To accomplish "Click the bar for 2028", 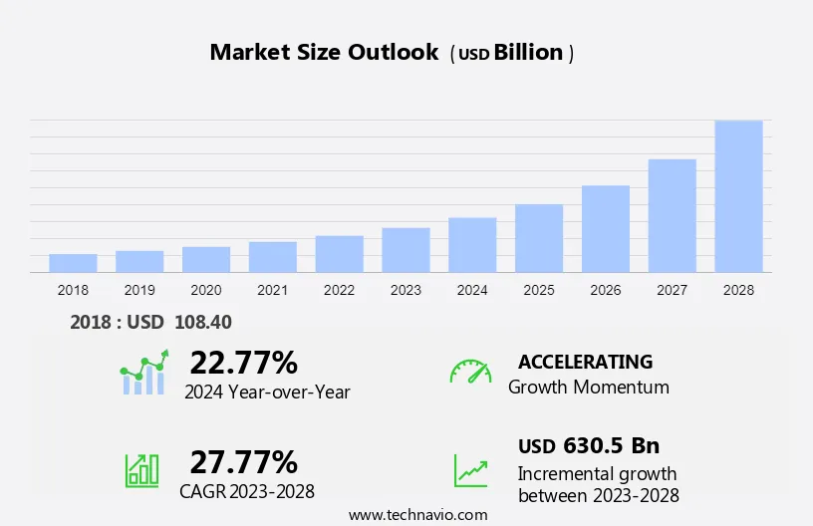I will [738, 196].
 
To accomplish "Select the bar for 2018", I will [73, 263].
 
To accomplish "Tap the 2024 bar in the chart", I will [472, 245].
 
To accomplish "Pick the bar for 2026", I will [606, 229].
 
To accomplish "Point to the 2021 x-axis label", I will [272, 290].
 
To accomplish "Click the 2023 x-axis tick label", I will [406, 290].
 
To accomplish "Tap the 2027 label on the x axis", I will [672, 290].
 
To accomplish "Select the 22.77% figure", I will [243, 362].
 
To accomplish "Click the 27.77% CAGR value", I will [243, 462].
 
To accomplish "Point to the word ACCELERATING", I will [585, 362].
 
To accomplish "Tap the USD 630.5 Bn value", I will [588, 445].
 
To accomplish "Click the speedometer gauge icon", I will [470, 371].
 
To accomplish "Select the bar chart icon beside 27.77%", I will [141, 469].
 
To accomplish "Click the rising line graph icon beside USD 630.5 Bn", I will [470, 470].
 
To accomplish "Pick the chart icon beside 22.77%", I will [144, 373].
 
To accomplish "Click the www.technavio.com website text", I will [418, 514].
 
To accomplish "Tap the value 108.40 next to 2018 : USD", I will [203, 322].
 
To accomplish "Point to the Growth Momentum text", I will [588, 387].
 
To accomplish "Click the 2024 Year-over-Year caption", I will [267, 392].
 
